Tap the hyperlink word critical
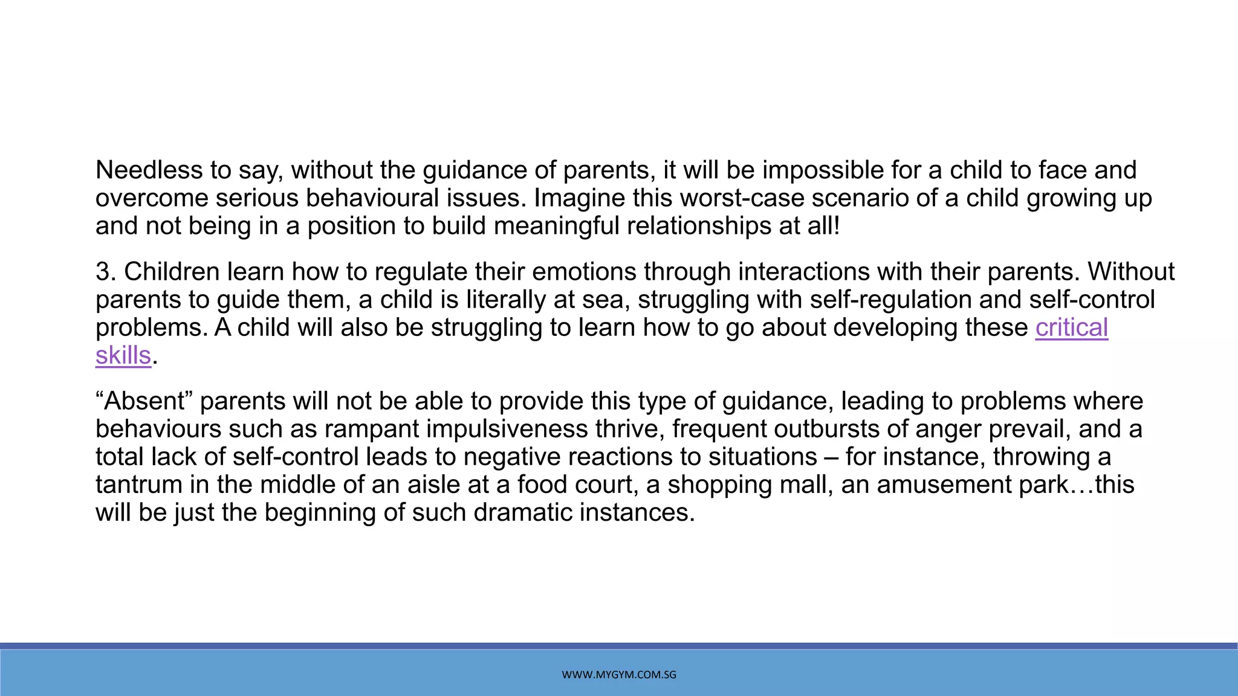click(1071, 328)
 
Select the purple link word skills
click(123, 356)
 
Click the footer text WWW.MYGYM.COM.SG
click(619, 675)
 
